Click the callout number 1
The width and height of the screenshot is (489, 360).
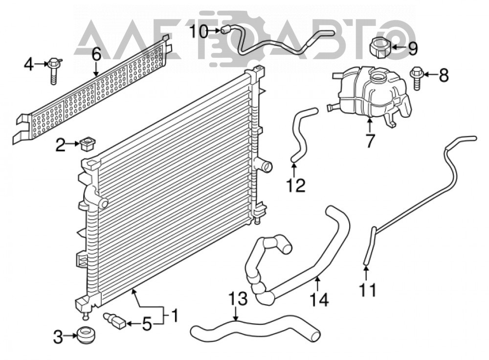[x=175, y=315]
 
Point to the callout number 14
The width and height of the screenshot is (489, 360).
[x=319, y=300]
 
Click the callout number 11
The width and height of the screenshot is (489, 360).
[x=367, y=290]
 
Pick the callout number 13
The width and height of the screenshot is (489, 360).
[x=238, y=298]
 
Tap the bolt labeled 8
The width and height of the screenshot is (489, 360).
[x=417, y=78]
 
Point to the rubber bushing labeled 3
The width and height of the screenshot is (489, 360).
[x=86, y=336]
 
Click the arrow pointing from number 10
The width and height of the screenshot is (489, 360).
[x=214, y=30]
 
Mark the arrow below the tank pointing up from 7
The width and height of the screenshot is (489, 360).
[x=370, y=125]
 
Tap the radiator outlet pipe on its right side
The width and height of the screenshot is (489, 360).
[x=264, y=166]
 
